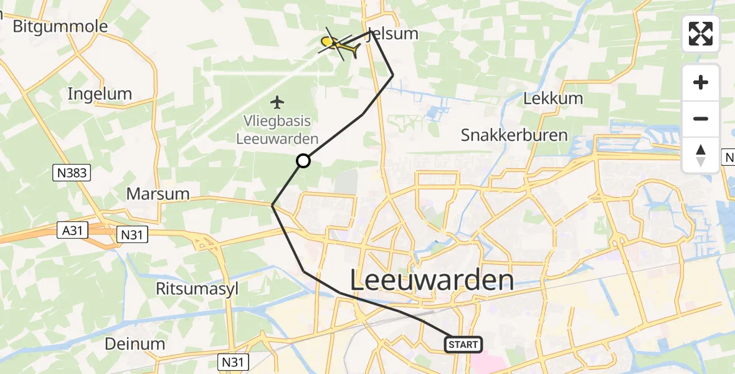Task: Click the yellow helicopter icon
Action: point(339,44)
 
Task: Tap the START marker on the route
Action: point(463,344)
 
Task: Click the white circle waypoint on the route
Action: point(303,161)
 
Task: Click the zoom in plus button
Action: point(701,83)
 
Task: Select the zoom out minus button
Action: point(701,118)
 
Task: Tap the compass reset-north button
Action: point(701,155)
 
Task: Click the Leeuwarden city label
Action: point(432,280)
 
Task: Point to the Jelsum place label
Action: point(394,34)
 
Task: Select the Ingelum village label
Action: point(100,94)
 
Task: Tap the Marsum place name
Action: point(158,193)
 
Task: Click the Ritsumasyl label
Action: point(197,288)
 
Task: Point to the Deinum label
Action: point(135,343)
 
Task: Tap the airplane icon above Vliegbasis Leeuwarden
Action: point(278,101)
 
